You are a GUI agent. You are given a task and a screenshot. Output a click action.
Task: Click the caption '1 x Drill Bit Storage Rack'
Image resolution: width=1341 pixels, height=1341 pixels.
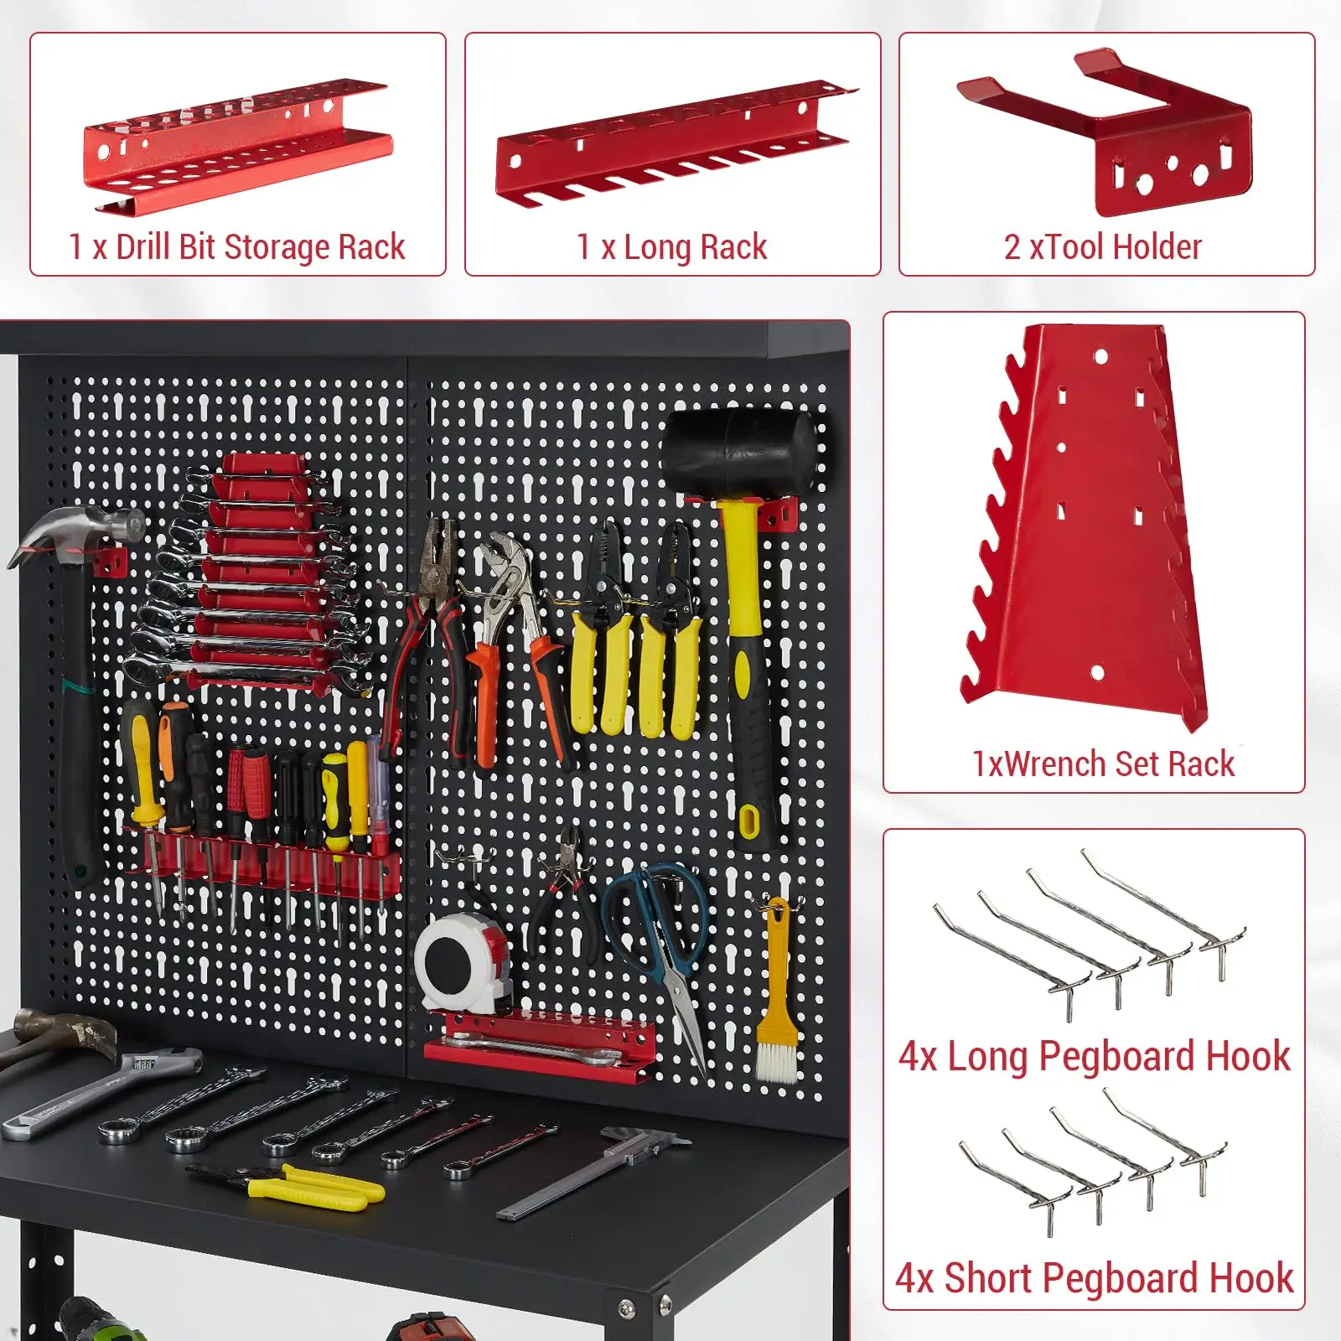[237, 247]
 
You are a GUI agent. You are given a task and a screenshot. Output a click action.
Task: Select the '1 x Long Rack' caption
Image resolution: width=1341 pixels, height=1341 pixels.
[672, 247]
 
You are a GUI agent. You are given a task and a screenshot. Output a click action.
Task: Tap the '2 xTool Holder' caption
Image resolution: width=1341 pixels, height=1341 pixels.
[1103, 247]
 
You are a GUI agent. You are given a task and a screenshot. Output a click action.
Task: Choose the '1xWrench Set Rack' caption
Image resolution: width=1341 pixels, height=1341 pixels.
[1103, 764]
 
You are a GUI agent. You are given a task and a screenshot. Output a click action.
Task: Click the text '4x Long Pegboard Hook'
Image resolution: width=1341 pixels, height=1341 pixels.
[1095, 1056]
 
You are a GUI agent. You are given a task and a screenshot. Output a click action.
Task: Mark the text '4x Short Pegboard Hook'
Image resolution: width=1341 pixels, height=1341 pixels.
[1095, 1278]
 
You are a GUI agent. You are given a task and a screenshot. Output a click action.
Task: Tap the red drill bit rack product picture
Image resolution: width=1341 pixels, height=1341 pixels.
[237, 147]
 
